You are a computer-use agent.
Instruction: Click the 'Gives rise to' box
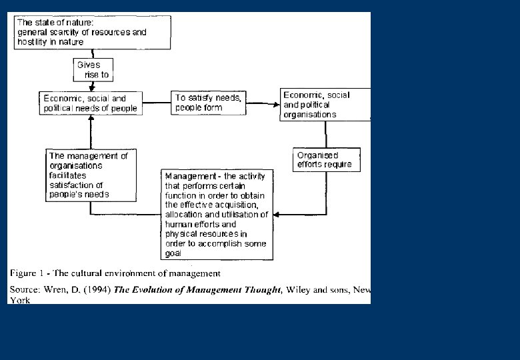(91, 70)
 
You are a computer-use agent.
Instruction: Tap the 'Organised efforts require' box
(326, 160)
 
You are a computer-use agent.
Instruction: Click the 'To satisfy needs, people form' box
(208, 103)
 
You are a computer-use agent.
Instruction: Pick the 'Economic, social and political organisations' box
(324, 105)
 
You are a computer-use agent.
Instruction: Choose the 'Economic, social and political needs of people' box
(91, 103)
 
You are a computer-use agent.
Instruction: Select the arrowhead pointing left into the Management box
(277, 215)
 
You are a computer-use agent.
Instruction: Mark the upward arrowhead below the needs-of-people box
(91, 119)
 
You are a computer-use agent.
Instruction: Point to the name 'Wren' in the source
(55, 290)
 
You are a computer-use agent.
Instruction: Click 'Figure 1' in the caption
(28, 273)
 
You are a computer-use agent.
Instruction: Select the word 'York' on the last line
(20, 300)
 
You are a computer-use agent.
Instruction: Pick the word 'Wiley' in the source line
(298, 290)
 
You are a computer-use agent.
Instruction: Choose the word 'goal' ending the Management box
(174, 253)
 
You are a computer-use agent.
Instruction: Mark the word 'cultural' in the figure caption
(99, 273)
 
